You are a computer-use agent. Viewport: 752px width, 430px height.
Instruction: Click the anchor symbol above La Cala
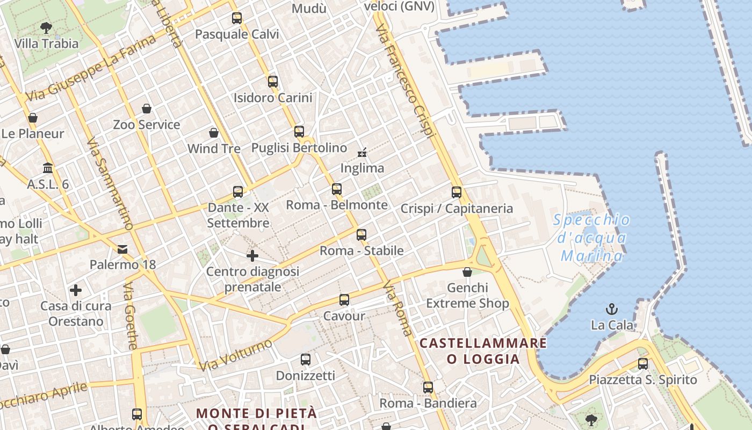point(611,309)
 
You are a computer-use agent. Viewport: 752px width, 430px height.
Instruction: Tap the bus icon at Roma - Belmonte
point(337,189)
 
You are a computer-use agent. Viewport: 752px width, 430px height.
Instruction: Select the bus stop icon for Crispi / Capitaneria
point(457,192)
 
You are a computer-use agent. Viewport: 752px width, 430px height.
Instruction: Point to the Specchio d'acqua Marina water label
point(591,238)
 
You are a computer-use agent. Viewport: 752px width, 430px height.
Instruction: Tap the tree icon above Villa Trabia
point(46,27)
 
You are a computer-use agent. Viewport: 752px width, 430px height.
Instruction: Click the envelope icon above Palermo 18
point(122,249)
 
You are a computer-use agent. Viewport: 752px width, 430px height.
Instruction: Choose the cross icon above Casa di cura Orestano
point(76,291)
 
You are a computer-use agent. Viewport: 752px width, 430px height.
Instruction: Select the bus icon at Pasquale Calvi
point(237,18)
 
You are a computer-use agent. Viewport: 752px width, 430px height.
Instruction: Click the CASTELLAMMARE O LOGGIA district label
point(483,351)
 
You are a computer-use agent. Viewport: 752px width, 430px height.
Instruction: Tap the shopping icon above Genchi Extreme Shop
point(467,272)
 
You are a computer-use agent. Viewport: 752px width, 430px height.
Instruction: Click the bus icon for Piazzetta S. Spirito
point(643,364)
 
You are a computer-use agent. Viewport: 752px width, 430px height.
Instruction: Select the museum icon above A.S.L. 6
point(48,168)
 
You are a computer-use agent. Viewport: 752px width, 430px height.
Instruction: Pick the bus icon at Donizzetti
point(306,360)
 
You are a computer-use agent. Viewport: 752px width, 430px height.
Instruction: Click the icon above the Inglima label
point(362,153)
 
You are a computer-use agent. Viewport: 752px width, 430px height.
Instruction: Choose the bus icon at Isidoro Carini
point(273,82)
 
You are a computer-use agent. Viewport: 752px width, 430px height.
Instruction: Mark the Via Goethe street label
point(131,317)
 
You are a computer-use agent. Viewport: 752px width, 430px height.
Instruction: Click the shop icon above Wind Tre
point(214,133)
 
